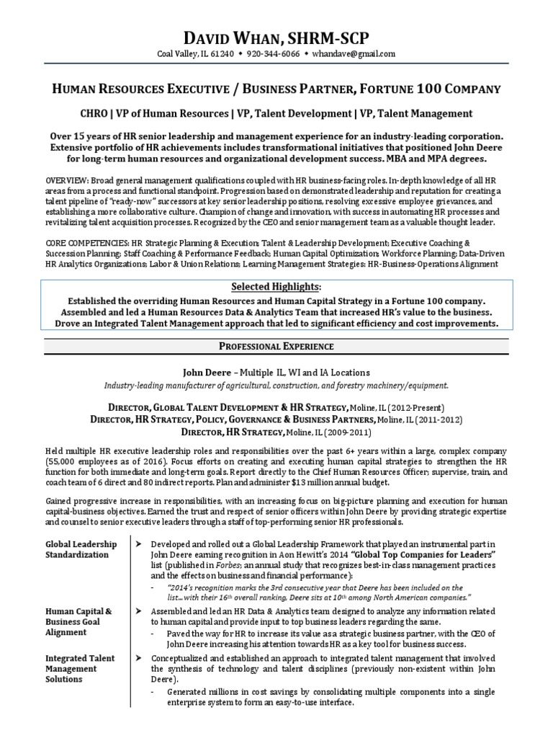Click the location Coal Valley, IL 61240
pos(192,54)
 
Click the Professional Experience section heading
pos(276,347)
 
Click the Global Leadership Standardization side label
pos(81,549)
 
